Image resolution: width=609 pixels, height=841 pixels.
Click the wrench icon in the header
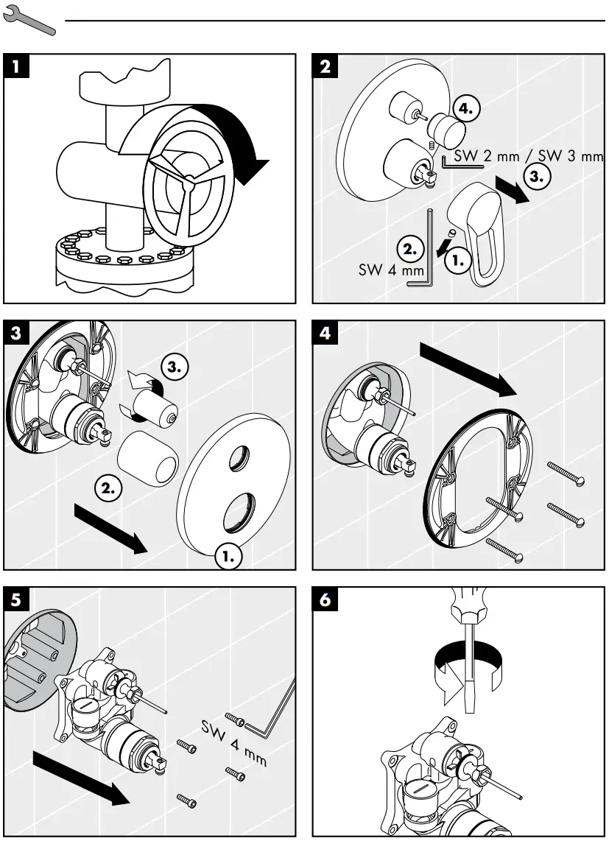[x=29, y=22]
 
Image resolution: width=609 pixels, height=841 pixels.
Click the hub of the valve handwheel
[x=190, y=178]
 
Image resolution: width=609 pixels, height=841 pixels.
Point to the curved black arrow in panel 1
[x=236, y=136]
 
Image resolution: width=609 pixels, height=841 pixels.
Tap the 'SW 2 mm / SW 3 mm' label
[x=527, y=156]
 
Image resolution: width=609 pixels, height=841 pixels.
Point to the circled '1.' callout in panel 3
[x=228, y=557]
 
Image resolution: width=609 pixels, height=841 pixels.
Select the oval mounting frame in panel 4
[x=475, y=479]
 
